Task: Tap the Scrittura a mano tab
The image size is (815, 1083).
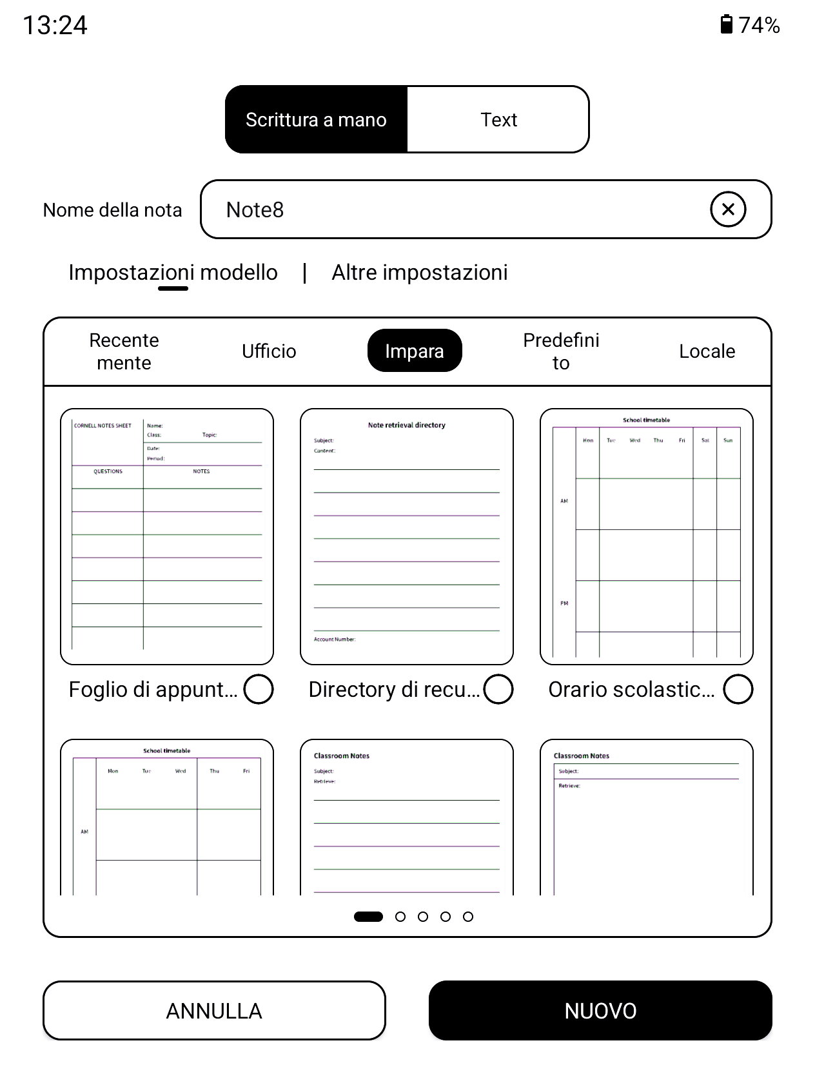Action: click(316, 120)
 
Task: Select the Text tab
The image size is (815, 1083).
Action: click(498, 120)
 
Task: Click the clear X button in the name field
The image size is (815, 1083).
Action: click(728, 210)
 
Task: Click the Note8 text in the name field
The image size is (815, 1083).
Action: click(255, 210)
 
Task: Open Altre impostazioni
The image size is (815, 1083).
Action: click(420, 273)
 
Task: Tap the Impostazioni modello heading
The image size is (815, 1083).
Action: click(173, 273)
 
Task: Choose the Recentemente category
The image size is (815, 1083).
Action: click(124, 351)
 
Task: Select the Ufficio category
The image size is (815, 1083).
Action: click(269, 351)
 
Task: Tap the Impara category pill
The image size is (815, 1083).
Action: click(415, 351)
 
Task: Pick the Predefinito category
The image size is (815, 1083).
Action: click(561, 351)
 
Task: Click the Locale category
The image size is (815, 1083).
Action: click(707, 351)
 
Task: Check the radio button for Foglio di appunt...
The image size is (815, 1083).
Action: click(259, 689)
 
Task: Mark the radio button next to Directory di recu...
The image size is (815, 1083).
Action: click(498, 689)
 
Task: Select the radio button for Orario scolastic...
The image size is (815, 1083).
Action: click(738, 689)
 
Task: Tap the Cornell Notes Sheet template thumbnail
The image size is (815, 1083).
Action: click(167, 536)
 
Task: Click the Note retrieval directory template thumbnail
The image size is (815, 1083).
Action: click(407, 536)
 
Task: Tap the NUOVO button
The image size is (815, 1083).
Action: click(600, 1011)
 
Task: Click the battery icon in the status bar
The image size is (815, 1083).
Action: click(727, 24)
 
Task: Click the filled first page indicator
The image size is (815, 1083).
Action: click(368, 917)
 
